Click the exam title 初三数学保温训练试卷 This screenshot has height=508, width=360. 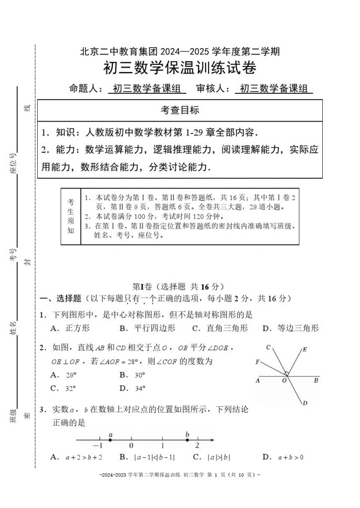coord(180,67)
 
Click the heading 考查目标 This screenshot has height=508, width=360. coord(180,110)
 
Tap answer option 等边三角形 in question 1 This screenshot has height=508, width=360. coord(297,328)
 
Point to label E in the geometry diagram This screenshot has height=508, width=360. coord(304,350)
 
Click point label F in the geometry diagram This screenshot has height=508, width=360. coord(257,362)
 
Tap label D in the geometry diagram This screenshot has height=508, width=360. coord(304,402)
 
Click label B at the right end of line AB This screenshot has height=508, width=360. coord(316,381)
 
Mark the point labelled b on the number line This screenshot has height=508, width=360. coord(187,440)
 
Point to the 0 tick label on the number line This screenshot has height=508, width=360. coord(131,445)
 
